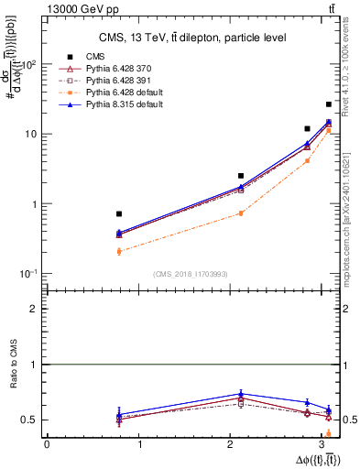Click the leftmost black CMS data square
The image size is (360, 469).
pos(119,213)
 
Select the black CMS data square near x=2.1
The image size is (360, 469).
pos(241,175)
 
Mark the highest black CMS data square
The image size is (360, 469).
pos(329,104)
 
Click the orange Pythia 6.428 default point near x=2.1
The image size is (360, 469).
pos(241,213)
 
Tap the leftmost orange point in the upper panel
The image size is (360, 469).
pos(119,251)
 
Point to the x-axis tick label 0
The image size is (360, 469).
pos(47,444)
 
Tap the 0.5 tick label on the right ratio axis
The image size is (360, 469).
pos(348,420)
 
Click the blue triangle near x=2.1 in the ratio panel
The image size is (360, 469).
pos(241,394)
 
